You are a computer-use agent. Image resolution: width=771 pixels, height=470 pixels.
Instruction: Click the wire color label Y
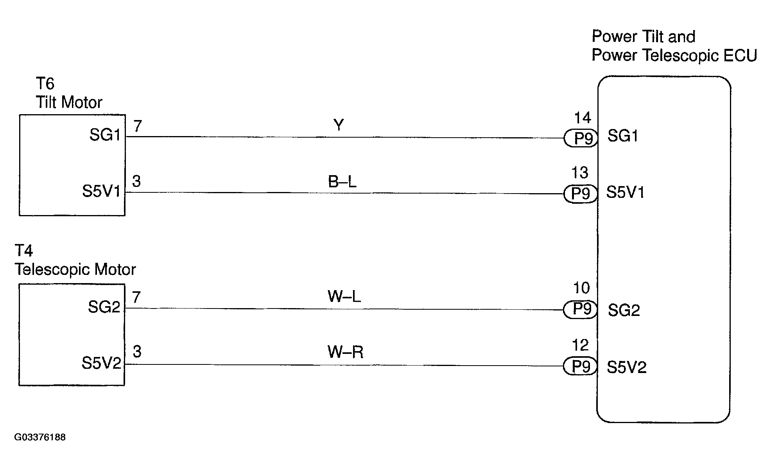point(339,125)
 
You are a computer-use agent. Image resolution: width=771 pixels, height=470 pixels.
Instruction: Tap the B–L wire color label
point(342,181)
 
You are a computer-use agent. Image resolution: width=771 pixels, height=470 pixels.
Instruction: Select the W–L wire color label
point(344,296)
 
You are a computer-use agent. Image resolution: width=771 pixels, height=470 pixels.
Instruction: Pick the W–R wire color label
point(346,352)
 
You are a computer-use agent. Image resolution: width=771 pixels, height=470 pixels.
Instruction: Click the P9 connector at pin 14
point(581,138)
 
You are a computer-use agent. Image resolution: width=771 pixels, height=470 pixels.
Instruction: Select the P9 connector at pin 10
point(580,310)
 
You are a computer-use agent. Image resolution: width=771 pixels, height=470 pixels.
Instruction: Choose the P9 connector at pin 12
point(580,366)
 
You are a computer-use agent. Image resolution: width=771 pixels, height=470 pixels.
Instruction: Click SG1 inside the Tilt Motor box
point(105,135)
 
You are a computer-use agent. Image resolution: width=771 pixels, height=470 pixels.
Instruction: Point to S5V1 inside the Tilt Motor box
point(101,191)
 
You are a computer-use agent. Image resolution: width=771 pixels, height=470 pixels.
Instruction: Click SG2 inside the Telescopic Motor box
point(104,307)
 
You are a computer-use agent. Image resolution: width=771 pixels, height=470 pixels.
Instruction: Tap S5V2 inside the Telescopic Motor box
point(101,363)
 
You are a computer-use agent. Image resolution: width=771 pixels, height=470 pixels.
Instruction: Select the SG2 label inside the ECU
point(624,310)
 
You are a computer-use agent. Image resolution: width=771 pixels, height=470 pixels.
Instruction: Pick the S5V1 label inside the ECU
point(625,192)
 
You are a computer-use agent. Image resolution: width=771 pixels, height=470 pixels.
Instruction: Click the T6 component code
point(45,84)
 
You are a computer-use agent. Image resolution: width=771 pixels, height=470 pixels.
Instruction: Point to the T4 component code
point(24,251)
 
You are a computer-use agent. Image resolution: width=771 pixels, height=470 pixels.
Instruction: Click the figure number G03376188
point(40,437)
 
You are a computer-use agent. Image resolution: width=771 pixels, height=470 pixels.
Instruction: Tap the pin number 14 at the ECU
point(582,118)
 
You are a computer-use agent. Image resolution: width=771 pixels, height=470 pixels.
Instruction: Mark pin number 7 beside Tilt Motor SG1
point(137,126)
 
